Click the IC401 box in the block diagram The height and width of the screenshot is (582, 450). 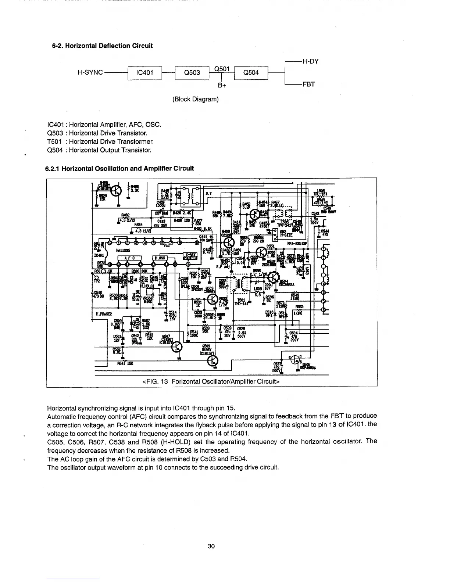pos(144,73)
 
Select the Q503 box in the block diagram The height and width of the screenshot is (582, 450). pos(192,73)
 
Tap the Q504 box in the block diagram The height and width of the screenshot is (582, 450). pos(251,73)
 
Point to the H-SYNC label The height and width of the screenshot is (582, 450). pos(90,72)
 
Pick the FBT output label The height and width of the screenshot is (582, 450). pos(308,85)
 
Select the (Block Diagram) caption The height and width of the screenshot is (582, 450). pos(195,99)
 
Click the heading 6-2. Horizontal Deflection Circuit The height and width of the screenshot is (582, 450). pos(102,46)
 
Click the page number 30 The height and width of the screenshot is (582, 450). pos(211,546)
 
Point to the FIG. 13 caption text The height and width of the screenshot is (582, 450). pos(211,381)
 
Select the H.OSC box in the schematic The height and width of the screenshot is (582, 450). pos(159,258)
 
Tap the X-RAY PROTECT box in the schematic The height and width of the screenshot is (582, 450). pos(190,256)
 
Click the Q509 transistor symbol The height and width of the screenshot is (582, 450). pos(213,362)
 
